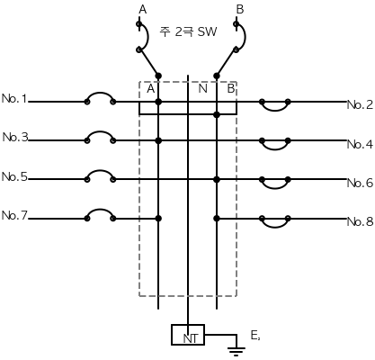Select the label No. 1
coord(14,99)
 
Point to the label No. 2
coord(360,104)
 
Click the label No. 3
coord(15,138)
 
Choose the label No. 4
coord(360,144)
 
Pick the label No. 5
coord(14,176)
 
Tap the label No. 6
coord(360,183)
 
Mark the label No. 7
coord(14,215)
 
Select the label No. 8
coord(360,221)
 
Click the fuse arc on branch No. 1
coord(100,93)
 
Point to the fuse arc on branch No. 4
coord(275,149)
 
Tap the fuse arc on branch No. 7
coord(100,210)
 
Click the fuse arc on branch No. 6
coord(275,188)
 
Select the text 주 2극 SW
coord(188,31)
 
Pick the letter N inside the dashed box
coord(203,89)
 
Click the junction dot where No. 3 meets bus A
coord(158,140)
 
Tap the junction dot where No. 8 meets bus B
coord(217,219)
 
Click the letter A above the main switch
coord(143,10)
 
